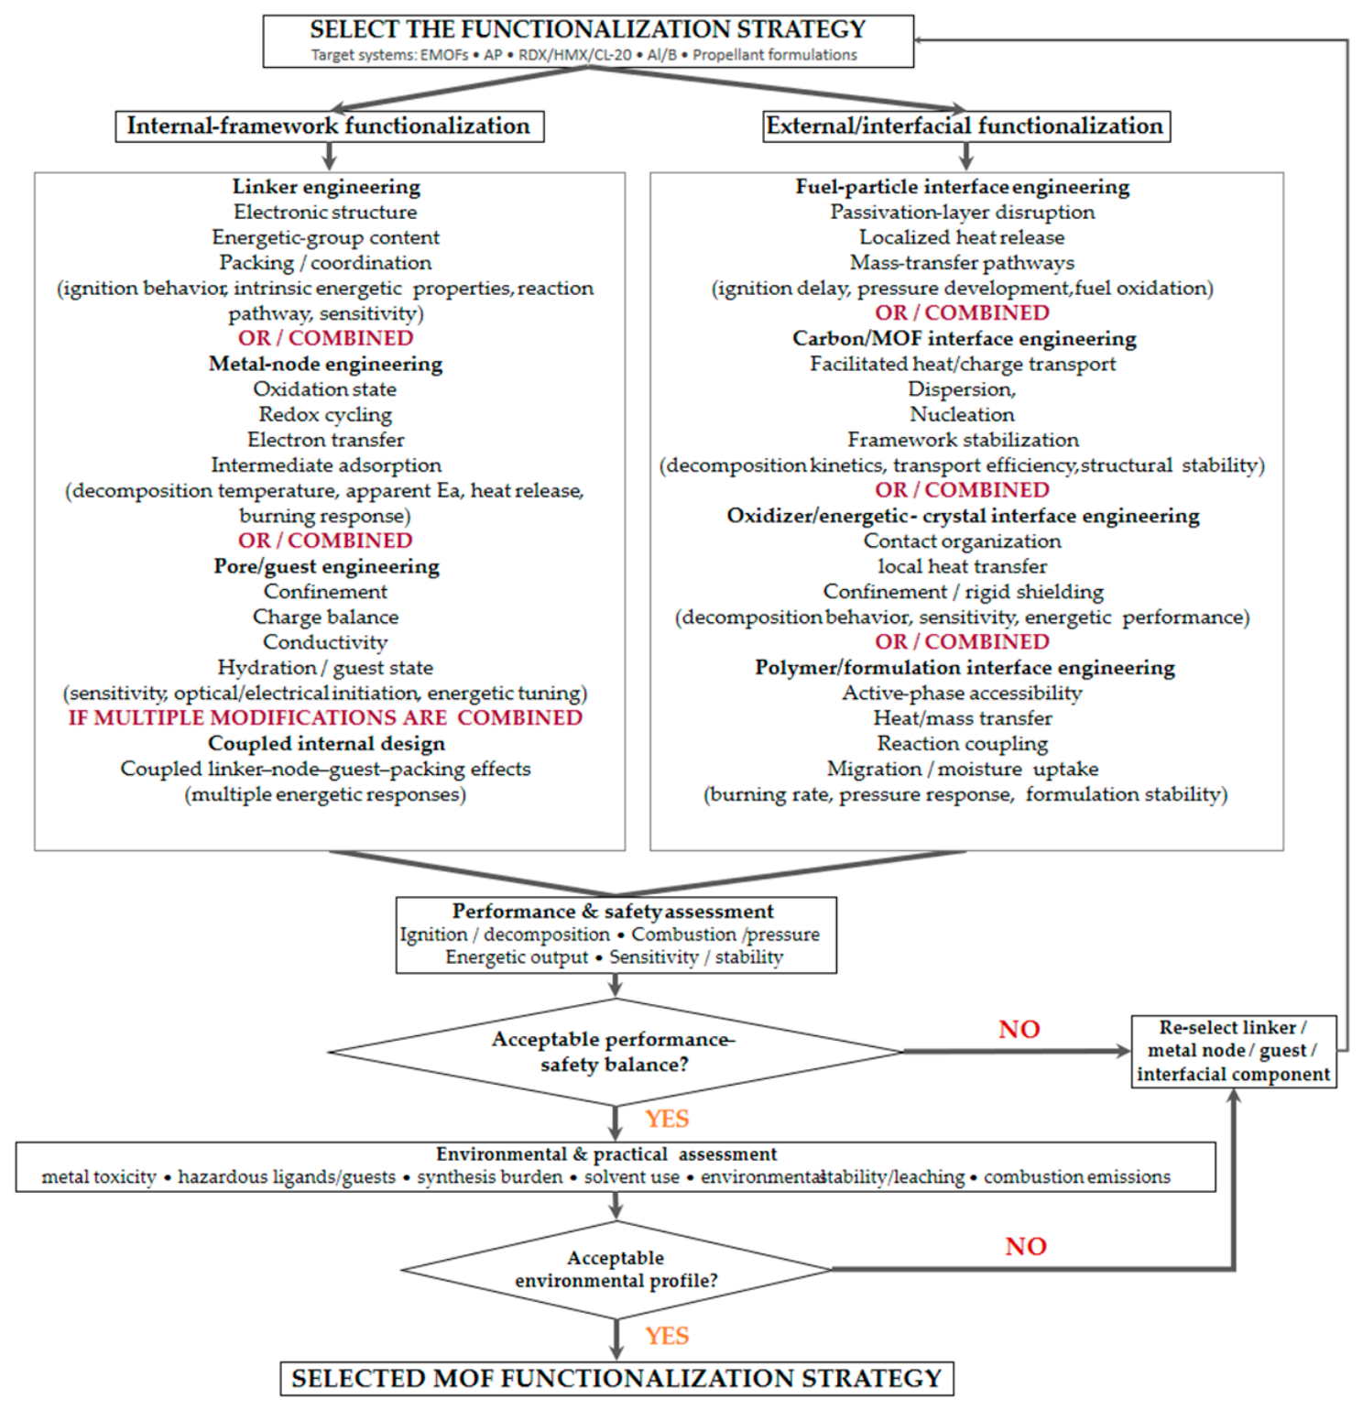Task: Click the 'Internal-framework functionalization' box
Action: click(330, 126)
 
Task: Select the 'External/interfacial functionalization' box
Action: click(966, 126)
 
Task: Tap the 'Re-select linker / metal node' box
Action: click(1234, 1052)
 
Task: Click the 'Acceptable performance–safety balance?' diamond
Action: click(615, 1052)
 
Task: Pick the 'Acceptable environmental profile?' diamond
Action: click(616, 1270)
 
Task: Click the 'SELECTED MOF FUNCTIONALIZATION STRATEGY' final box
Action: click(616, 1379)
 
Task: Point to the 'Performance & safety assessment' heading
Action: click(613, 912)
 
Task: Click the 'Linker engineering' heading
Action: click(326, 187)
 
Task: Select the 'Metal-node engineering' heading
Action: click(326, 365)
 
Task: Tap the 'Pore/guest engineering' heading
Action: click(327, 567)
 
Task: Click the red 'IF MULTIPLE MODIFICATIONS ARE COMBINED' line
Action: click(325, 718)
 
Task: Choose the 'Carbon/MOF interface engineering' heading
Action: click(965, 339)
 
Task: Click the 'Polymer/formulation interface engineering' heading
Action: click(965, 668)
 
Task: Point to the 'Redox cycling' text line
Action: click(325, 415)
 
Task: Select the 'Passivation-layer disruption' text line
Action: click(963, 213)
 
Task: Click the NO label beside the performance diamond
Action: click(1020, 1030)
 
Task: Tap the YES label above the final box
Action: click(667, 1336)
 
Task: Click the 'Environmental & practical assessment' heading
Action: click(606, 1154)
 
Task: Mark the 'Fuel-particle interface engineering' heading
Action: click(963, 187)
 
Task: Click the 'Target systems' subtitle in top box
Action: click(584, 55)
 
